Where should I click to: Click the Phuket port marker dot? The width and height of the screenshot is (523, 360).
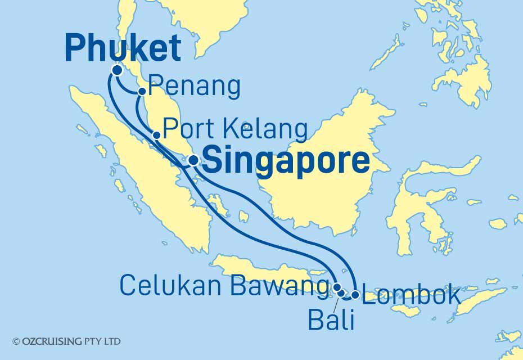click(x=117, y=70)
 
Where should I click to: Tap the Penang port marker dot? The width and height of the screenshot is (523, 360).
click(x=142, y=91)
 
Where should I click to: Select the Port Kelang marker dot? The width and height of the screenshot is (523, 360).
click(x=156, y=135)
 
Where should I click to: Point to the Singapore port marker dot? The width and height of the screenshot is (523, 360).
click(x=193, y=160)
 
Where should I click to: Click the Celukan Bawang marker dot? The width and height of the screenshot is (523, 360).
click(x=337, y=287)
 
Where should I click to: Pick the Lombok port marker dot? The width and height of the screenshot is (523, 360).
click(x=355, y=294)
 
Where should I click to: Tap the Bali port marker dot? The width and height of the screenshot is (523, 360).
click(x=342, y=293)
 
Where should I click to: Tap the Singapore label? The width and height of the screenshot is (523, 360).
click(x=286, y=161)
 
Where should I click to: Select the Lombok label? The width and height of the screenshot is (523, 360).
click(x=411, y=296)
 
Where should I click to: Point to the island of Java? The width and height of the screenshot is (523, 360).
click(x=264, y=271)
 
